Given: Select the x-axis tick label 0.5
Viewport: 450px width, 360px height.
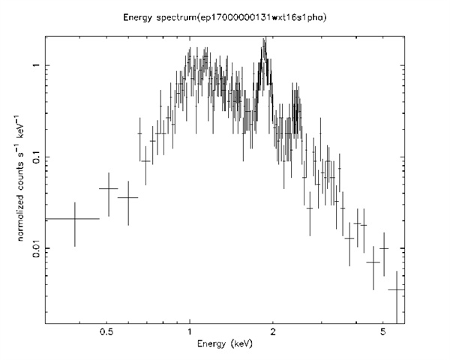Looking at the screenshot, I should pyautogui.click(x=106, y=331).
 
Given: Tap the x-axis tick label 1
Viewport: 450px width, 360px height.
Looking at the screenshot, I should pyautogui.click(x=190, y=331).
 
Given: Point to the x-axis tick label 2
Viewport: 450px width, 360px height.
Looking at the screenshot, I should pyautogui.click(x=273, y=331).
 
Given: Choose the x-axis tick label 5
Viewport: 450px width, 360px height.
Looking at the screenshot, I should pyautogui.click(x=383, y=331).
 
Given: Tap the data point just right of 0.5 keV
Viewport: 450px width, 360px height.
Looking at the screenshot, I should pyautogui.click(x=109, y=189).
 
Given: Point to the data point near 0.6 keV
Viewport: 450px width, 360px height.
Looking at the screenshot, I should pyautogui.click(x=128, y=198).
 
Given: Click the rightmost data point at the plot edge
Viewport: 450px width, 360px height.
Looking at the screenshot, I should pyautogui.click(x=397, y=289).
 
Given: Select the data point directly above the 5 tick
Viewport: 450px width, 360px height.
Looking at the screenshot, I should pyautogui.click(x=384, y=248).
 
